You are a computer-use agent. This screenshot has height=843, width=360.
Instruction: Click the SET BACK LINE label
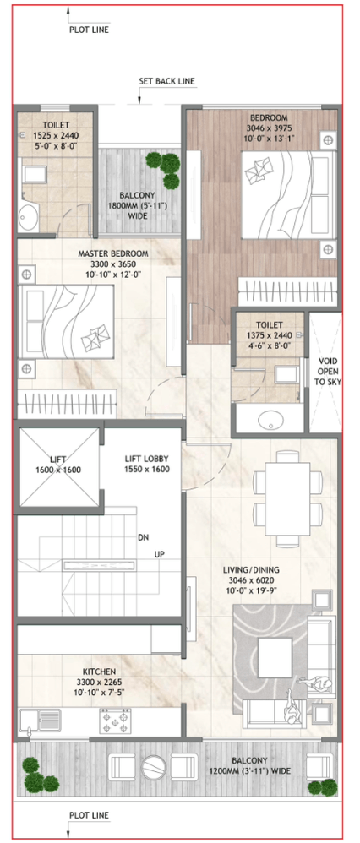167,81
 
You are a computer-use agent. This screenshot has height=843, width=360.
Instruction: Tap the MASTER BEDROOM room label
113,253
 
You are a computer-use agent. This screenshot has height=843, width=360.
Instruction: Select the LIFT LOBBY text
146,459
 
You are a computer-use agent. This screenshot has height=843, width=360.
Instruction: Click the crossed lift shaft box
59,466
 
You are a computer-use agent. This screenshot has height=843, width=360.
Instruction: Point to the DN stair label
144,537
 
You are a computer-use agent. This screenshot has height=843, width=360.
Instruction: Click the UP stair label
159,554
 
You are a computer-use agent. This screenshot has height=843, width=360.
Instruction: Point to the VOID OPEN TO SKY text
328,371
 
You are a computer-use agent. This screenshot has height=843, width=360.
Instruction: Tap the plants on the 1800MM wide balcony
165,169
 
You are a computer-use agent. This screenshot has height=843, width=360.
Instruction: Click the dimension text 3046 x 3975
269,128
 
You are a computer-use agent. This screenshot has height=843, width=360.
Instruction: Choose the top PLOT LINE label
89,30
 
